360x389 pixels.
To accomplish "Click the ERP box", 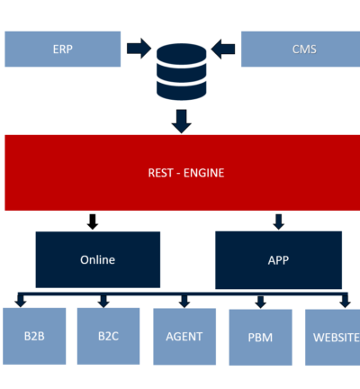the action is (x=63, y=49).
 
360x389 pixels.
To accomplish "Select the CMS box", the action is (x=301, y=49).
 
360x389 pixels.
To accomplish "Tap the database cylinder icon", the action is (x=182, y=71).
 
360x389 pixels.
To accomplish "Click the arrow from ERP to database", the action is (x=139, y=49).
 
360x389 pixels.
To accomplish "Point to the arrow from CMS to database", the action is (x=223, y=49).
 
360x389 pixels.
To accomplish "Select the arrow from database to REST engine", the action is (x=182, y=122).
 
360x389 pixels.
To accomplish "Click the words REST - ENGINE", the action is (x=186, y=173).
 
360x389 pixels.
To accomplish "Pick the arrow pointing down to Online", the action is (x=93, y=222).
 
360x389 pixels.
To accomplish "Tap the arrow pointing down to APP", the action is (x=279, y=222).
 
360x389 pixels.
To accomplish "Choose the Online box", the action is (x=98, y=259).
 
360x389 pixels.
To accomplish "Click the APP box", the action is (x=278, y=260).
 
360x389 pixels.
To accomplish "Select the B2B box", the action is (x=34, y=336).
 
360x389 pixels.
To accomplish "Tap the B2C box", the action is (x=108, y=336).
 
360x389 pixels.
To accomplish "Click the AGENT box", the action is (x=184, y=337).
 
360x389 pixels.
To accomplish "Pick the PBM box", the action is (x=260, y=338).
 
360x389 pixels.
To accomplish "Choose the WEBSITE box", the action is (x=332, y=338).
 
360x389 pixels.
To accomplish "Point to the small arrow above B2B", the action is (x=21, y=302).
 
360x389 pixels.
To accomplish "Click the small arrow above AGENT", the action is (x=184, y=302).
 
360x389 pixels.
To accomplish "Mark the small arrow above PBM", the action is (x=261, y=303).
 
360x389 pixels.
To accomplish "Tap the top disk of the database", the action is (x=182, y=53).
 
